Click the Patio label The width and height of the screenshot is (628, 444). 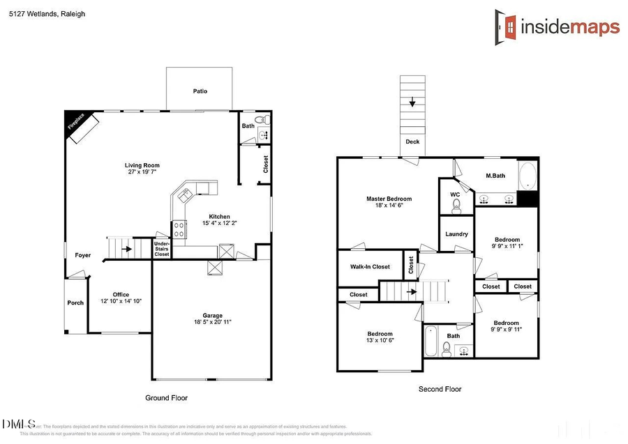tap(200, 91)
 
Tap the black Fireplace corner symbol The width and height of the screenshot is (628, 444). tap(75, 123)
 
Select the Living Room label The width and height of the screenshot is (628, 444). tap(142, 165)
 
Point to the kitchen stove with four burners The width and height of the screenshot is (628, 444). tap(179, 226)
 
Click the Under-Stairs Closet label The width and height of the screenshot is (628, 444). tap(162, 249)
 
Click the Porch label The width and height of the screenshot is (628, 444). tap(75, 303)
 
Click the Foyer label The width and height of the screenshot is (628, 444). tap(83, 255)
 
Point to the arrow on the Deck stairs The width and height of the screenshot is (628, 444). tap(412, 103)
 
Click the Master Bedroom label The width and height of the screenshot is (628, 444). tap(389, 199)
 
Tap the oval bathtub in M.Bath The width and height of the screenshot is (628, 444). tap(526, 175)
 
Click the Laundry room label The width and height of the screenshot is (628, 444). tap(456, 234)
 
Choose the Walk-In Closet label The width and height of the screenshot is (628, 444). tap(370, 266)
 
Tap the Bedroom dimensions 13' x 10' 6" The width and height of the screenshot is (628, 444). tap(380, 341)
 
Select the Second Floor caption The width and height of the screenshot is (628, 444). tap(440, 389)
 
